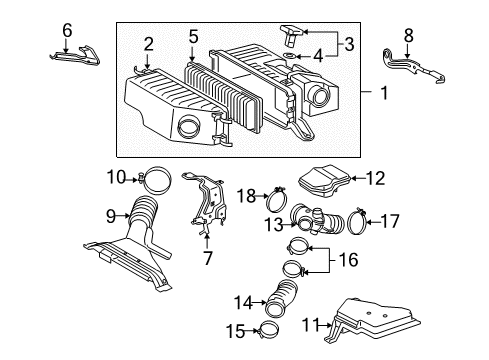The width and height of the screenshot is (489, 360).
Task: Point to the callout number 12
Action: click(x=374, y=179)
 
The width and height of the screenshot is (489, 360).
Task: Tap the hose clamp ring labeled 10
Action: click(x=158, y=181)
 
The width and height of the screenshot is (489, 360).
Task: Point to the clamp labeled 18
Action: click(x=278, y=196)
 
